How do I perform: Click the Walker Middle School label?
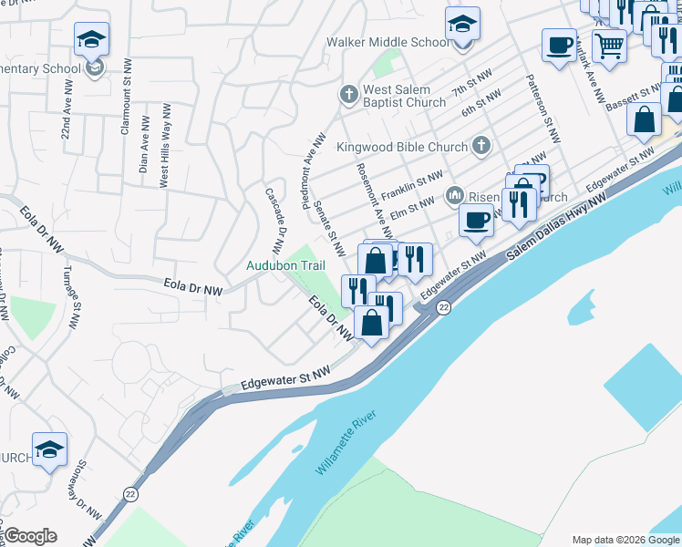(x=387, y=42)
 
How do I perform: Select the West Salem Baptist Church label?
(x=404, y=96)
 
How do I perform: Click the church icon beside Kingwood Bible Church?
(x=480, y=146)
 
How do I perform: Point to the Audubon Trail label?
(x=286, y=265)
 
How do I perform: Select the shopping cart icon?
(x=608, y=44)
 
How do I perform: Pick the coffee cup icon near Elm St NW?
(x=476, y=219)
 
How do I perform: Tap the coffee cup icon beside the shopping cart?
(x=559, y=44)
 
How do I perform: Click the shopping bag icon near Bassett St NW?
(x=644, y=119)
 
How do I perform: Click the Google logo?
(x=30, y=536)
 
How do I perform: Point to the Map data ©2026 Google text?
(x=625, y=540)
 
